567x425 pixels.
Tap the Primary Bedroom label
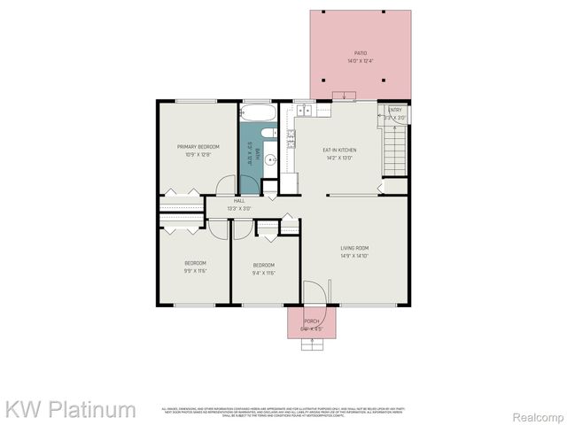[198, 146]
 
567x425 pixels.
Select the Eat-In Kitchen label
[339, 150]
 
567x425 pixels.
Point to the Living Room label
[354, 248]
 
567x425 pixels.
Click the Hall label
[239, 201]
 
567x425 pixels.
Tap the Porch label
[312, 321]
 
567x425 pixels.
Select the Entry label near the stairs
[395, 110]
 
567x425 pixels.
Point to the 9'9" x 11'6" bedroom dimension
[195, 272]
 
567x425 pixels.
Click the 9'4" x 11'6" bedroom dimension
[264, 273]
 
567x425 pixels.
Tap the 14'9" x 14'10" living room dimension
[354, 256]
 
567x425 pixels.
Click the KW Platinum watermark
[71, 409]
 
